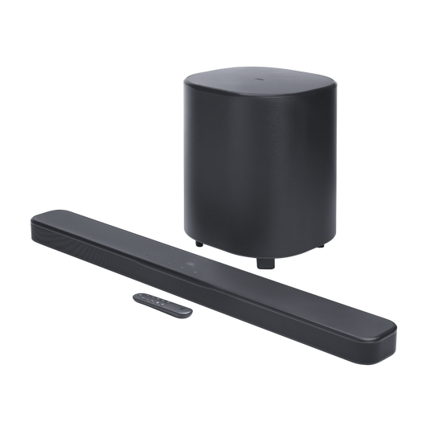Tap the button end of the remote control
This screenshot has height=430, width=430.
(x=143, y=296)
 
